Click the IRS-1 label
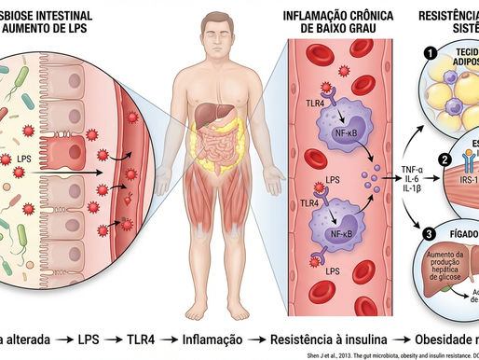464,176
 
